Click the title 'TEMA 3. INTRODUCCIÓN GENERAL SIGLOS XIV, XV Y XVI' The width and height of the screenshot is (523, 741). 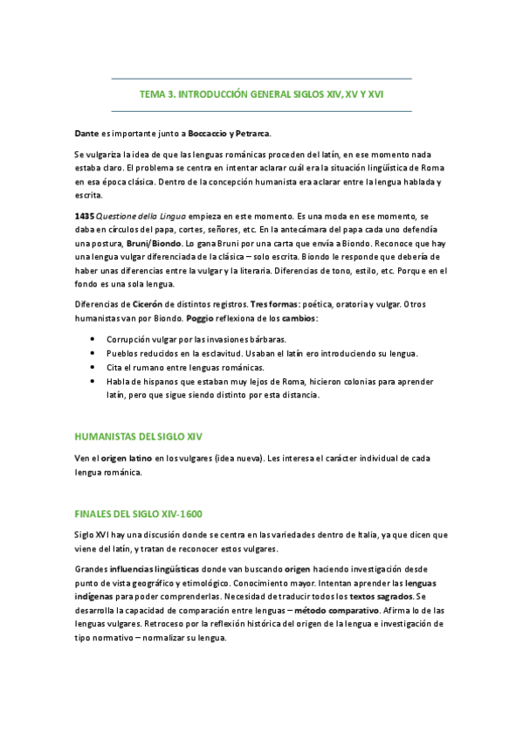[x=262, y=94]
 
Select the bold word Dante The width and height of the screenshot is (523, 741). [x=86, y=133]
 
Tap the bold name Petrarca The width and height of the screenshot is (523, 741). [x=252, y=133]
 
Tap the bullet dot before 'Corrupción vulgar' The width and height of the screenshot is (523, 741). [x=94, y=339]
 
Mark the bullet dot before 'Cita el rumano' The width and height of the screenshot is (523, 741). [x=94, y=367]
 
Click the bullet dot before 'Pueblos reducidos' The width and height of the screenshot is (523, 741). [x=94, y=353]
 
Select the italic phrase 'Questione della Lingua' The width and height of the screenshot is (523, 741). [x=137, y=215]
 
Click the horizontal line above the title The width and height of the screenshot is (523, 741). [x=262, y=79]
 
